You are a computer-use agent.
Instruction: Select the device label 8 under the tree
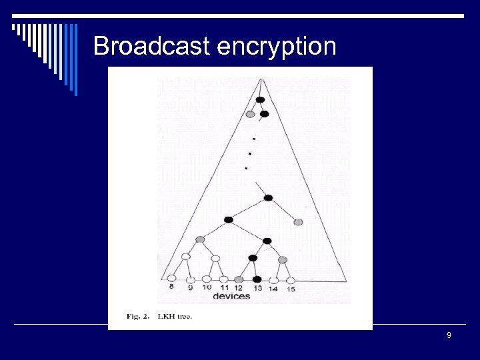(x=171, y=287)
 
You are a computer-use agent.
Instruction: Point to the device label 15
(x=291, y=289)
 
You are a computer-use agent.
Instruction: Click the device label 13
(x=257, y=288)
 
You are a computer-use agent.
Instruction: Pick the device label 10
(x=207, y=287)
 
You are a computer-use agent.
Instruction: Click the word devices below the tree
(x=231, y=296)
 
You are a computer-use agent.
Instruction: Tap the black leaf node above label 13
(x=257, y=279)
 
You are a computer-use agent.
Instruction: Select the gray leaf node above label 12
(x=239, y=279)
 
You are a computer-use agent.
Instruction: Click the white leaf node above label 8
(x=171, y=277)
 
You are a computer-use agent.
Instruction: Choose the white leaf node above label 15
(x=291, y=280)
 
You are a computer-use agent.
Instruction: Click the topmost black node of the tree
(x=260, y=100)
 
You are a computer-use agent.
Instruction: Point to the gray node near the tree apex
(x=250, y=114)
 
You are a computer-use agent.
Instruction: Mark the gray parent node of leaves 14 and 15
(x=282, y=259)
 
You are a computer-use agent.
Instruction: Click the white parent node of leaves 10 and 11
(x=215, y=258)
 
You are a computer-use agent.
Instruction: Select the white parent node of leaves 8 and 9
(x=186, y=256)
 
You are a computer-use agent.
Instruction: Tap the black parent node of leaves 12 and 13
(x=253, y=257)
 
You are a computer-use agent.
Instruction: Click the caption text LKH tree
(x=175, y=316)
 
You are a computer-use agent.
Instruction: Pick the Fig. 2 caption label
(x=138, y=316)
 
